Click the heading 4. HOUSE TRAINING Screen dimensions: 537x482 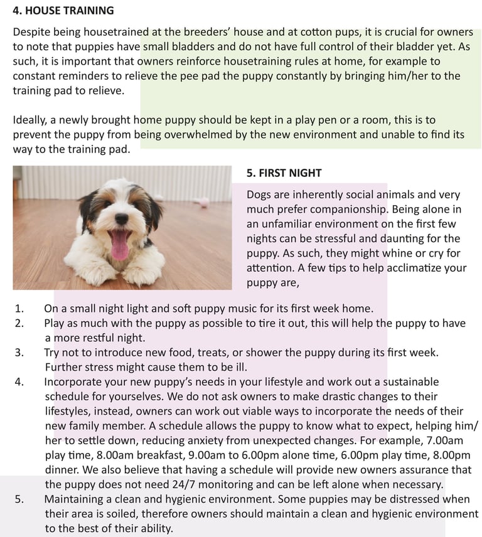coord(63,11)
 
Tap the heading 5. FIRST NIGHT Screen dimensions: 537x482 coord(284,173)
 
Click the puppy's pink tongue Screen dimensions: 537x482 coord(119,245)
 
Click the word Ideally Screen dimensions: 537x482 coord(31,119)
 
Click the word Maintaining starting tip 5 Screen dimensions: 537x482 coord(77,499)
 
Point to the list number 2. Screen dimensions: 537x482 coord(19,324)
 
